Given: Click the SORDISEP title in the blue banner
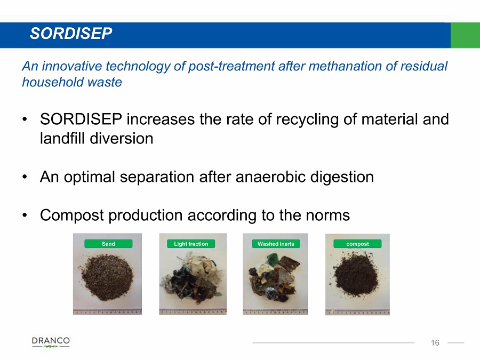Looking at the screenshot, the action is point(71,33).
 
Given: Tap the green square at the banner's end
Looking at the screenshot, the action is point(465,35).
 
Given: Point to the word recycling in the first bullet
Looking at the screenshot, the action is point(307,119).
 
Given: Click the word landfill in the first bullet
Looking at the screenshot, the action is point(63,138).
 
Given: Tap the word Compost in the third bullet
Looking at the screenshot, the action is point(72,215).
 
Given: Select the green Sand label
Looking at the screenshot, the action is point(108,244).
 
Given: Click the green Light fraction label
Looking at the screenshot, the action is point(191,244).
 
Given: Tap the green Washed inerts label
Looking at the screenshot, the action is point(276,244).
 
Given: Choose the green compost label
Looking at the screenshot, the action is point(357,244).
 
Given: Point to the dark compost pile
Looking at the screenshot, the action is point(356,274).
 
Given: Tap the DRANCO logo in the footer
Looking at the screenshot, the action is point(51,342).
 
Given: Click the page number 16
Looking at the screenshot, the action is point(435,342).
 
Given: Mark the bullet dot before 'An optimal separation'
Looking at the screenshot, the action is point(25,177).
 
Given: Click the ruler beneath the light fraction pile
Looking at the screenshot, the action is point(193,311).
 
